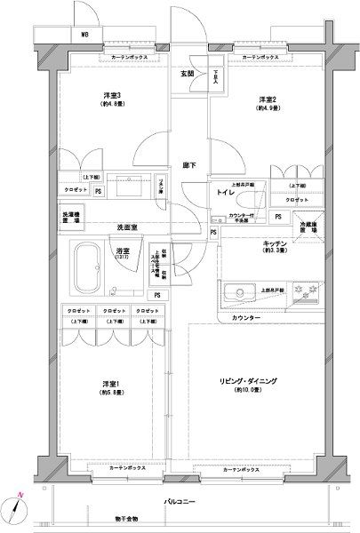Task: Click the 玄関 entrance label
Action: (x=188, y=74)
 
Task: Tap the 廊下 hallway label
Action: (x=188, y=165)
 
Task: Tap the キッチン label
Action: (x=274, y=243)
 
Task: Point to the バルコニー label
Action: (x=180, y=501)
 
